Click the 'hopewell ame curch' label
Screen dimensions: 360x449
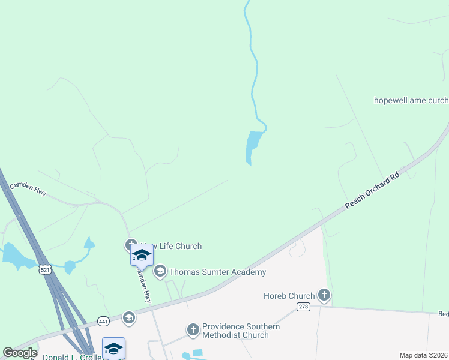[411, 100]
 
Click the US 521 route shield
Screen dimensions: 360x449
[45, 269]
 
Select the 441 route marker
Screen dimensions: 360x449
[103, 322]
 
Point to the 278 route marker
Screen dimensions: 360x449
[304, 307]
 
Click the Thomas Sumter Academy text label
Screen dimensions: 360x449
[217, 272]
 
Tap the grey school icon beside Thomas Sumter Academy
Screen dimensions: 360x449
[160, 272]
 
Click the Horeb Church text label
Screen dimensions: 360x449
[289, 296]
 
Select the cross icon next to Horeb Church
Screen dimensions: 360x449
[324, 295]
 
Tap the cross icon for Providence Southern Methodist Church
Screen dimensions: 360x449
[193, 329]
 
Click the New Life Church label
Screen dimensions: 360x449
[171, 246]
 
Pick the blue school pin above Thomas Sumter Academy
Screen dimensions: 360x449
[142, 255]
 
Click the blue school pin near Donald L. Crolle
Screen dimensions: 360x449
[113, 348]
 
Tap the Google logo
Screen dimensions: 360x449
[20, 353]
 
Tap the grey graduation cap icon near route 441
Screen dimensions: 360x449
[129, 317]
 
